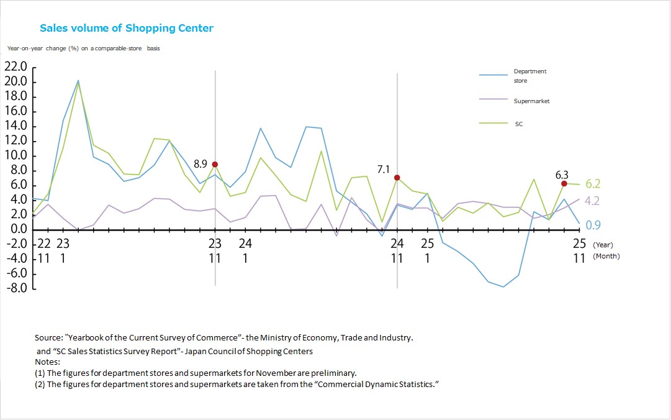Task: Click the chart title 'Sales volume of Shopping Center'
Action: click(x=127, y=28)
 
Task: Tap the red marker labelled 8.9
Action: click(x=215, y=164)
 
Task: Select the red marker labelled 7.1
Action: click(x=397, y=177)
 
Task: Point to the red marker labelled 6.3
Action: click(x=564, y=183)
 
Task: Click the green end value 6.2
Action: click(x=593, y=184)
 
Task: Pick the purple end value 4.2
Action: click(x=593, y=201)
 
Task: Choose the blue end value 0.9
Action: click(x=593, y=225)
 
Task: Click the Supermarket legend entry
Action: click(x=531, y=101)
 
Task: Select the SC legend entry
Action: click(x=518, y=124)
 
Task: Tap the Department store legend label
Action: click(x=529, y=76)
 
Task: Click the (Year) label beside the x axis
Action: click(x=602, y=245)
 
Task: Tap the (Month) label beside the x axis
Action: click(x=606, y=256)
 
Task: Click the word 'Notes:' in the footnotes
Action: click(x=47, y=362)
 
